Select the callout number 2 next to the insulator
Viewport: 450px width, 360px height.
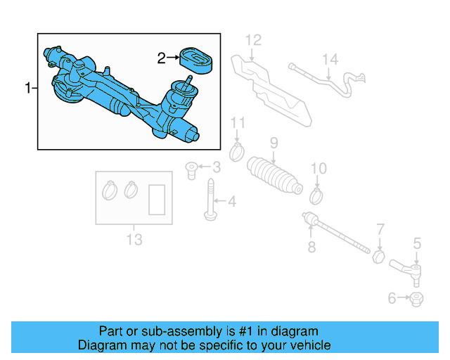161,58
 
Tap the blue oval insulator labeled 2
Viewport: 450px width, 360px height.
195,58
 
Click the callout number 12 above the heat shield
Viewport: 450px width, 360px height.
253,39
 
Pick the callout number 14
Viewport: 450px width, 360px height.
330,60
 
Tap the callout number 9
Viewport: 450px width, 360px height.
274,143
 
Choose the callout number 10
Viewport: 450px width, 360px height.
319,168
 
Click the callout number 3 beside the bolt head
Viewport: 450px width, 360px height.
216,167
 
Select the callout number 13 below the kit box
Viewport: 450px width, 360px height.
134,240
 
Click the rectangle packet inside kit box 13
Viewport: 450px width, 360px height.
157,199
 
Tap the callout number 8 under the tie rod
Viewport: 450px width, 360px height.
311,246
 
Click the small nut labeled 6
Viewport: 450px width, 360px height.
416,300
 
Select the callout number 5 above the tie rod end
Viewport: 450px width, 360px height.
417,243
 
